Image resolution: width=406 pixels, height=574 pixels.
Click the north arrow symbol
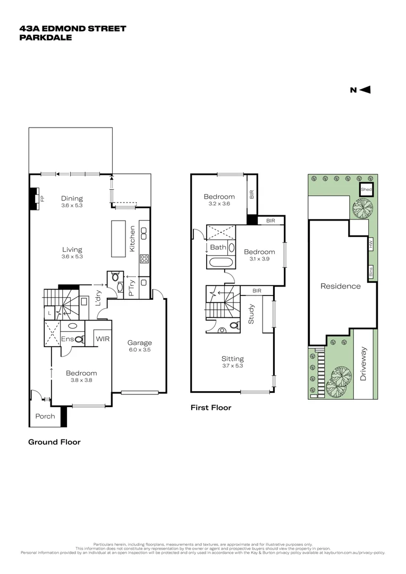click(365, 90)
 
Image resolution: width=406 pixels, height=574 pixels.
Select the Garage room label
click(139, 343)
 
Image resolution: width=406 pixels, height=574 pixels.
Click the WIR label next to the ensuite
click(102, 338)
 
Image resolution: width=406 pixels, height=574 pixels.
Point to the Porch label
click(45, 416)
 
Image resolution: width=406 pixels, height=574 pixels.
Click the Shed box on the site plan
click(366, 189)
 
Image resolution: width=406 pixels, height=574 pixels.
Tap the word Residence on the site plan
click(340, 286)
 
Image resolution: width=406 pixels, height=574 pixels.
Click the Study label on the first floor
click(251, 314)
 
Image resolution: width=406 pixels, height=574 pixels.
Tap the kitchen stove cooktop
click(143, 259)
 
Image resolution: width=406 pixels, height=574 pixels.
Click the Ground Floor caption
click(54, 442)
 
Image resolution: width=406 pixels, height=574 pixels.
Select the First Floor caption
click(211, 408)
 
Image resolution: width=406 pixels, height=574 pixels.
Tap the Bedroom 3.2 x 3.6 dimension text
click(219, 204)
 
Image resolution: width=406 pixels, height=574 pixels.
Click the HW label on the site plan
click(371, 245)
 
